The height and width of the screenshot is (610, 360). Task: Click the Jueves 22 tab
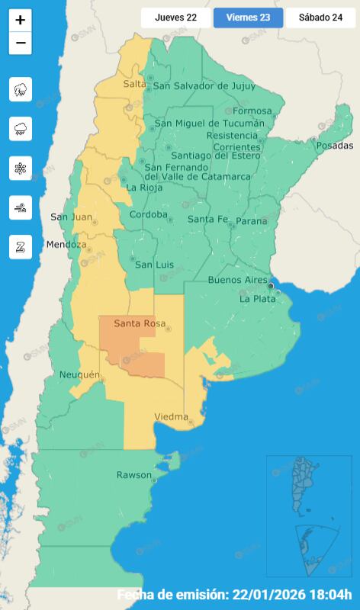click(175, 18)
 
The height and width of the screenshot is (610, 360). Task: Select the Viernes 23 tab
click(248, 18)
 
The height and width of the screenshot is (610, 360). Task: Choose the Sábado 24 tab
click(320, 18)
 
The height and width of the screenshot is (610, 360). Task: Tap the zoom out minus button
click(20, 43)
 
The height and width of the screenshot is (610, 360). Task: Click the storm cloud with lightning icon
click(20, 90)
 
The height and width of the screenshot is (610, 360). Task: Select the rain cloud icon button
click(20, 129)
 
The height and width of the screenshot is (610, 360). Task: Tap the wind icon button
click(20, 207)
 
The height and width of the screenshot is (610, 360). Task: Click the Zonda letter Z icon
click(20, 246)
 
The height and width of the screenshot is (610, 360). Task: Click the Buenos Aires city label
click(237, 280)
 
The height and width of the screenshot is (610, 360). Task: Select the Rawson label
click(133, 475)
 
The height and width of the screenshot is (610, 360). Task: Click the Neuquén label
click(79, 374)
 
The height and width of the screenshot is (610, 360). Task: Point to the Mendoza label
click(62, 245)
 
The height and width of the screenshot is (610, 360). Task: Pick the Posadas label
click(336, 145)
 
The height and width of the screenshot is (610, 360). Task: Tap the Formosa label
click(252, 111)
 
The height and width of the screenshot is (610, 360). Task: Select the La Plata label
click(257, 299)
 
